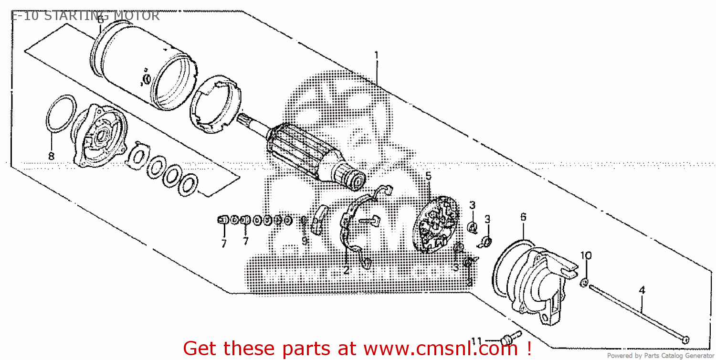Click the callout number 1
tap(376, 55)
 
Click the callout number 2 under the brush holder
tap(346, 271)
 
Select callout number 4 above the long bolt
tap(642, 290)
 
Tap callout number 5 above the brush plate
tap(428, 176)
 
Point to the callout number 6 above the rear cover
tap(523, 217)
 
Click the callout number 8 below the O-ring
tap(51, 156)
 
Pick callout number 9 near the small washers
tap(304, 242)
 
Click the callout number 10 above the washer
tap(586, 255)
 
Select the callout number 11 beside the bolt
tap(476, 340)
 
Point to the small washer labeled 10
tap(583, 284)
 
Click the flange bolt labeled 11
tap(508, 340)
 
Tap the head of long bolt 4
tap(685, 339)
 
